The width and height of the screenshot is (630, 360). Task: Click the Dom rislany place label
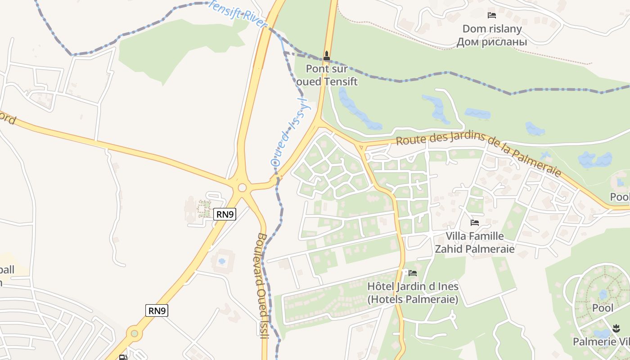492,29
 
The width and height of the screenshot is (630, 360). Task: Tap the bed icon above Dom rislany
492,15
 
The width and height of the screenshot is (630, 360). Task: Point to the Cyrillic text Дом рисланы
492,42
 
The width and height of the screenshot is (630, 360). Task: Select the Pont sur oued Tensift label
327,75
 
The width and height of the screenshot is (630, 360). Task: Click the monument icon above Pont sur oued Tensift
327,56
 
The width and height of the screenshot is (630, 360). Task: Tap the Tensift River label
238,13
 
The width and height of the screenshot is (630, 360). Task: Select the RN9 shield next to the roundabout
225,214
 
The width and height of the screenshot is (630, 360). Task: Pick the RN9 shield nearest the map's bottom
157,310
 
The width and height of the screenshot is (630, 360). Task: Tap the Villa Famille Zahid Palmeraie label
474,242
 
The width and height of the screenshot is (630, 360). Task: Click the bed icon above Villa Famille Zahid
474,222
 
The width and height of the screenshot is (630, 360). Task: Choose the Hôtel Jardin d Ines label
413,292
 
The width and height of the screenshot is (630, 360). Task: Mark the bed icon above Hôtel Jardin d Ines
413,273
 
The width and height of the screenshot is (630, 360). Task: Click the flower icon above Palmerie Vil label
616,328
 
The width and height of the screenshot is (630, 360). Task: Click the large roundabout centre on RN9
242,188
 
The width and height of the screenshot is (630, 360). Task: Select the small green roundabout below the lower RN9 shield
134,333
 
